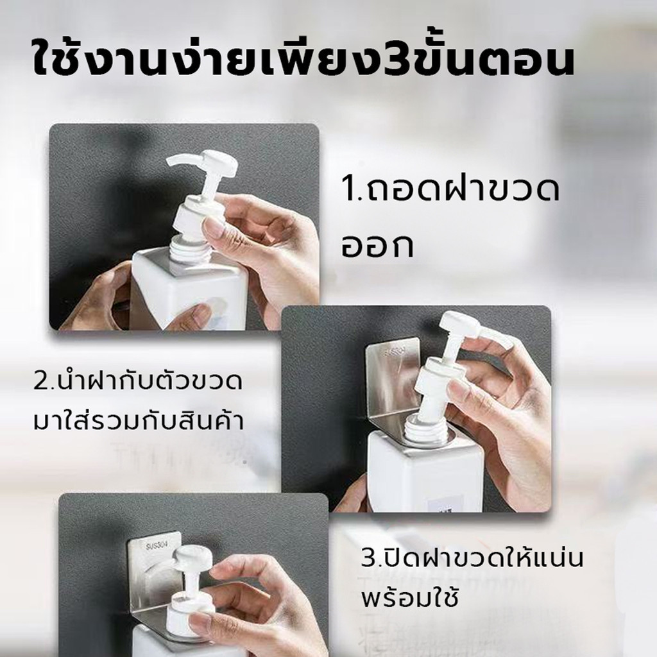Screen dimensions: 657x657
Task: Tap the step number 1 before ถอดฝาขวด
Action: coord(348,190)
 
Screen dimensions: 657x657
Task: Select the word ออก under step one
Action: coord(378,245)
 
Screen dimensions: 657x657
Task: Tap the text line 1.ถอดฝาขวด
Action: coord(451,189)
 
